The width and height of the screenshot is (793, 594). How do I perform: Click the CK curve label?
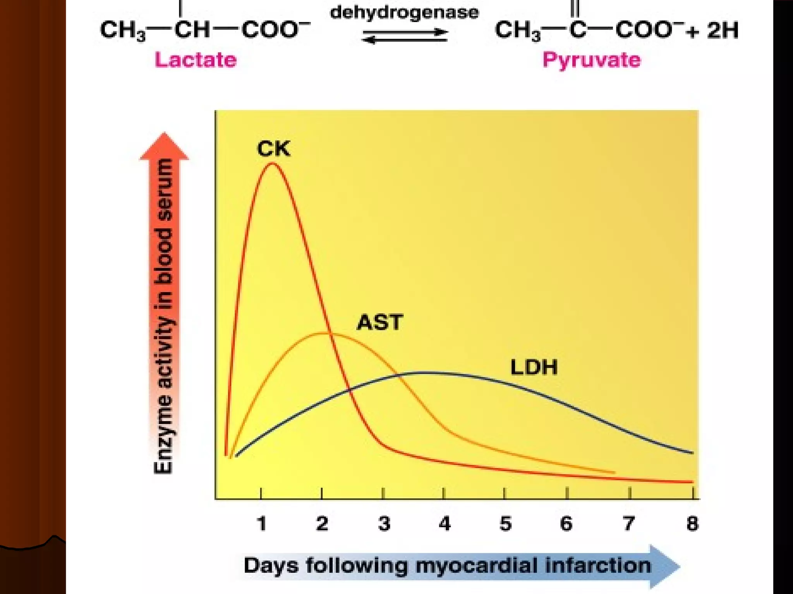tap(273, 149)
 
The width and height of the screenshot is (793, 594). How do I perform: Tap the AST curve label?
tap(380, 323)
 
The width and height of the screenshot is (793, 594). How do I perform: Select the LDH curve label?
tap(534, 367)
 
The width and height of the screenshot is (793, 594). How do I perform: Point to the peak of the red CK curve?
tap(273, 164)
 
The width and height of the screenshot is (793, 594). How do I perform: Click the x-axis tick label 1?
tap(262, 524)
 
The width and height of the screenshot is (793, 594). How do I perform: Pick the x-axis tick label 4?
tap(445, 524)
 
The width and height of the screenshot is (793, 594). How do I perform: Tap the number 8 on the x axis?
tap(692, 524)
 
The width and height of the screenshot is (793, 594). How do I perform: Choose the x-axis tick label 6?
tap(566, 524)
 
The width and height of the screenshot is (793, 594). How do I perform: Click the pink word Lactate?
tap(196, 60)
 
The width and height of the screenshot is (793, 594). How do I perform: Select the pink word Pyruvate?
tap(591, 60)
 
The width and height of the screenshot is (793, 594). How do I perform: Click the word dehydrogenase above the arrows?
tap(404, 12)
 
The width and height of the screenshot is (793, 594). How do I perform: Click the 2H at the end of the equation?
tap(723, 30)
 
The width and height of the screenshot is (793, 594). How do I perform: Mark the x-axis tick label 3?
tap(384, 524)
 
